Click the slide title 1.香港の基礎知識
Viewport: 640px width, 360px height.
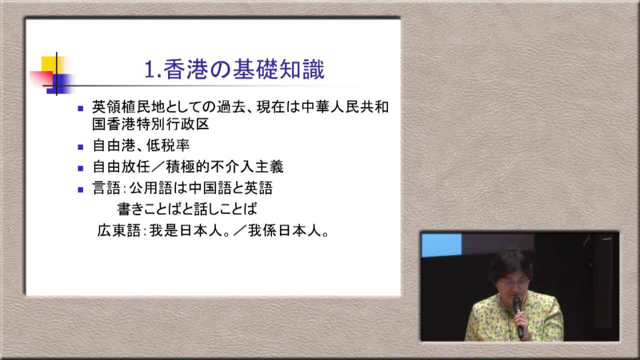(x=234, y=69)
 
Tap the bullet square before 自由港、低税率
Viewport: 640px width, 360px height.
(x=80, y=147)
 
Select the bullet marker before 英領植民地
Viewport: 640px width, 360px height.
(x=80, y=108)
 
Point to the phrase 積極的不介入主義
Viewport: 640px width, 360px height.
(x=224, y=167)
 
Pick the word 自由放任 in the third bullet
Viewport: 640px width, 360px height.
(x=121, y=167)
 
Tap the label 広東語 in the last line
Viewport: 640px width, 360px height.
(x=119, y=230)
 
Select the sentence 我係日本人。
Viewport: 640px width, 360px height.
(x=288, y=230)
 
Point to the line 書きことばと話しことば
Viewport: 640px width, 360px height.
(x=187, y=209)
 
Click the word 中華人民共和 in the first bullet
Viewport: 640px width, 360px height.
(x=345, y=107)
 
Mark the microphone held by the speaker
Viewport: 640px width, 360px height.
(x=518, y=316)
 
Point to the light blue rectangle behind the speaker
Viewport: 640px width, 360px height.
(x=441, y=245)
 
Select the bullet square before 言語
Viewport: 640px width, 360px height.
(x=80, y=189)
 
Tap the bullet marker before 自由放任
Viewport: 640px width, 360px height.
(x=80, y=168)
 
